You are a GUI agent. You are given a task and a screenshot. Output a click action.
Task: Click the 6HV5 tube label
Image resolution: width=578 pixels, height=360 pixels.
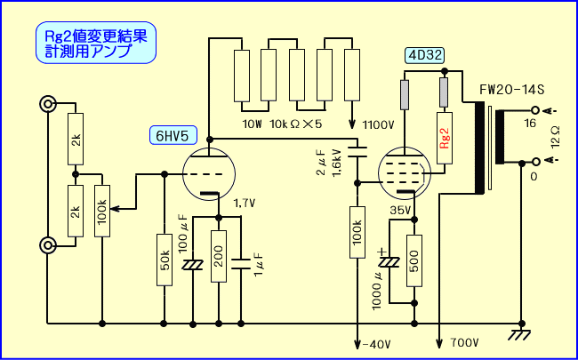point(170,135)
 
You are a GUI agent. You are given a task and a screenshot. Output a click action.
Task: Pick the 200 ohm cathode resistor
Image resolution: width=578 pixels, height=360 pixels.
point(218,256)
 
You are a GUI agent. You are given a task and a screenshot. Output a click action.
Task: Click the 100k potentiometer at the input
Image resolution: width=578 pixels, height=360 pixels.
point(102,211)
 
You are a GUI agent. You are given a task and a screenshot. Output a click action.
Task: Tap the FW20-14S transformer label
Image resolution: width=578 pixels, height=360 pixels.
point(511,91)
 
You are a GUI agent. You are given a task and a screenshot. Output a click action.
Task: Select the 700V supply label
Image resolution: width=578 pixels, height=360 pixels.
point(464,341)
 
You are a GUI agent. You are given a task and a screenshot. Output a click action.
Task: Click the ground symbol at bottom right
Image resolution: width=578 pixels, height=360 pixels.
point(519,334)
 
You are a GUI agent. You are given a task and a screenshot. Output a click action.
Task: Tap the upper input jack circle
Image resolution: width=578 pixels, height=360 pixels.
point(46,105)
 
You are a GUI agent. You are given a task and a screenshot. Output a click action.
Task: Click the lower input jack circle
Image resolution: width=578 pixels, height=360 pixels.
point(46,244)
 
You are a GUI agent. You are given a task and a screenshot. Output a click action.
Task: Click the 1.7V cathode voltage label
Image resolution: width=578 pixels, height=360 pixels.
point(245,204)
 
